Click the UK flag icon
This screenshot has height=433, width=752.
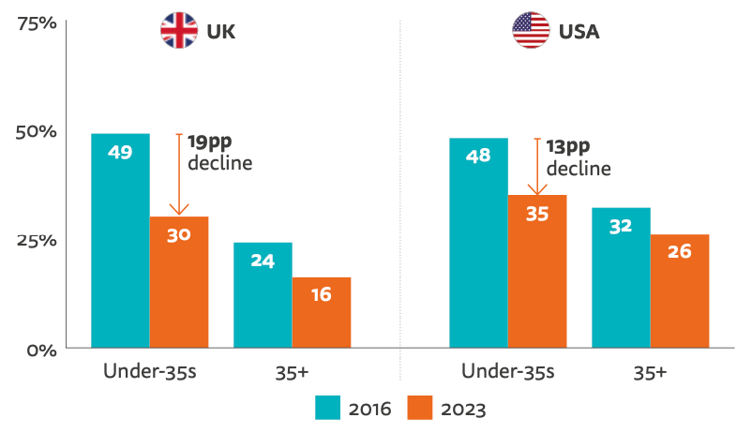click(x=179, y=31)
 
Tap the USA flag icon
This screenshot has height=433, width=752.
click(x=531, y=31)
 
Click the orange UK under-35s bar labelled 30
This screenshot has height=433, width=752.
click(x=179, y=282)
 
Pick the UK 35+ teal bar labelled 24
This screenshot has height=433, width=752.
click(x=263, y=295)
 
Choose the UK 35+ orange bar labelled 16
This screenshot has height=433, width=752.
click(x=322, y=313)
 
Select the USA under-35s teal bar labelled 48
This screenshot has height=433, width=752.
click(x=478, y=244)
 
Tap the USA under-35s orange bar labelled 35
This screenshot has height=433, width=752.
click(x=537, y=272)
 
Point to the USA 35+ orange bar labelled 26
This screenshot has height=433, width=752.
click(x=680, y=291)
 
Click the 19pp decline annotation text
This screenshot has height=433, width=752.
click(x=219, y=152)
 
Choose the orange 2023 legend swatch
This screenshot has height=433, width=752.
click(x=421, y=409)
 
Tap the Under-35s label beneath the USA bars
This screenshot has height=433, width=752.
click(x=507, y=372)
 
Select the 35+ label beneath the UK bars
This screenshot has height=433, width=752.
click(x=292, y=372)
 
